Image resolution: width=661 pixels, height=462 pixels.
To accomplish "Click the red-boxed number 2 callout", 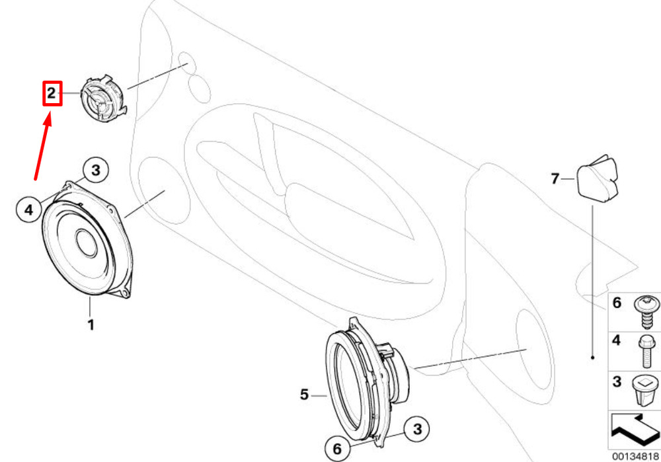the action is point(52,93).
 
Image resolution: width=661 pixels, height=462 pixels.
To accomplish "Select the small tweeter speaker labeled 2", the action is point(103,98).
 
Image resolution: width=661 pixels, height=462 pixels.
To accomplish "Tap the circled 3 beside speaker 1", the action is point(96,171).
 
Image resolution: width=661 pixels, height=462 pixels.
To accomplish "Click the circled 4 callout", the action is point(28,209).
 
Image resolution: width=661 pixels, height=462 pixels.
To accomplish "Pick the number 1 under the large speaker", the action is point(90,325).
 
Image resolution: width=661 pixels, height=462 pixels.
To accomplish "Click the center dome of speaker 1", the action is point(87,243).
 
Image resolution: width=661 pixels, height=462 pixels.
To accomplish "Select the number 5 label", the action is point(305,395).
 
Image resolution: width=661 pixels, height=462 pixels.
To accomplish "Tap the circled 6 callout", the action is point(337,449).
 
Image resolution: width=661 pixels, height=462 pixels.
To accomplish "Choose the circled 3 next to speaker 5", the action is point(417,429).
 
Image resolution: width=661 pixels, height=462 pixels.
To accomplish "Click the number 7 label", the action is point(555,178).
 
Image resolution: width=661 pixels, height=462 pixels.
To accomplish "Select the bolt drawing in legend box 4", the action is point(645,351).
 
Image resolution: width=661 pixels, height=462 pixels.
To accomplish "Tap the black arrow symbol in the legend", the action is point(635,430).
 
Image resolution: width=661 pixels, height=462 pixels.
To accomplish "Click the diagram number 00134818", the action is point(635,456).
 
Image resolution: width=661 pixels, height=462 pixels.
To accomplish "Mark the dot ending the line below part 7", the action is point(593,358).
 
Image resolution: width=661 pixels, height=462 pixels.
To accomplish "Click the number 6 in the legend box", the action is point(617,303).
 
